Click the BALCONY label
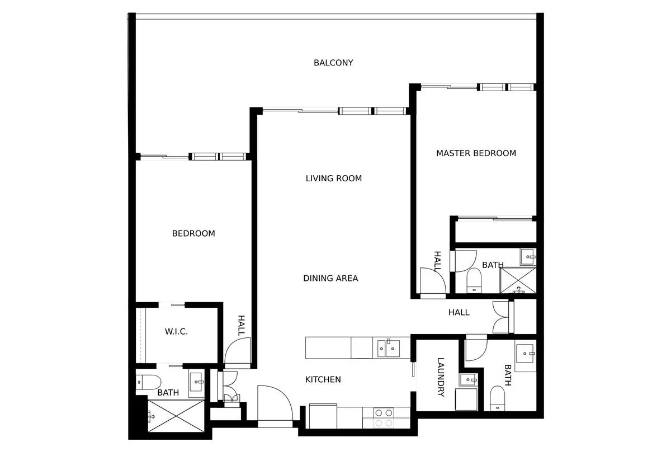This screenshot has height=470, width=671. [333, 63]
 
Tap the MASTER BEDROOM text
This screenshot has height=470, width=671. [476, 153]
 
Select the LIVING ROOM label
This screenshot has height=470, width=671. [333, 178]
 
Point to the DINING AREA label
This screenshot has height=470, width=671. [330, 278]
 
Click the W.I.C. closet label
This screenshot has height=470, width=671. [176, 332]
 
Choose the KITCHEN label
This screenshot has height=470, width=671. [323, 379]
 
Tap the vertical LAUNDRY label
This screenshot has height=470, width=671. [441, 377]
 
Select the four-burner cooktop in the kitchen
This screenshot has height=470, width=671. [384, 418]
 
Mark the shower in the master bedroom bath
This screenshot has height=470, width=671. [518, 280]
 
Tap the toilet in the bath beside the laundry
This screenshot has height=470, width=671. [498, 398]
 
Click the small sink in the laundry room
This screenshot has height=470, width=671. [468, 380]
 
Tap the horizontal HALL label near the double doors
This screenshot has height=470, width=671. [459, 312]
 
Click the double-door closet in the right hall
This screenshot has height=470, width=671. [502, 317]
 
